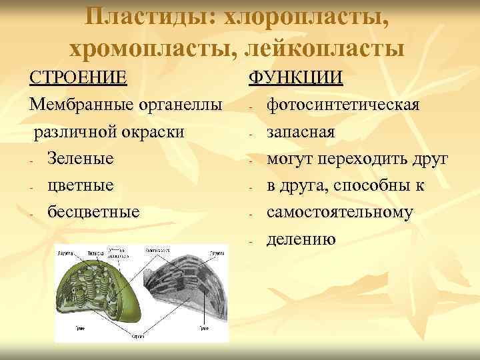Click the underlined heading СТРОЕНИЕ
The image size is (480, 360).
tap(78, 78)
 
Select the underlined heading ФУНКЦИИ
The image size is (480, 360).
tap(296, 78)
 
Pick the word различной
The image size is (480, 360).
tap(73, 132)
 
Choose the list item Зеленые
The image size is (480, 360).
tap(80, 159)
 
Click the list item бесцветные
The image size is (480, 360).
tap(93, 212)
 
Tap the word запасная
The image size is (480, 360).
tap(301, 132)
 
